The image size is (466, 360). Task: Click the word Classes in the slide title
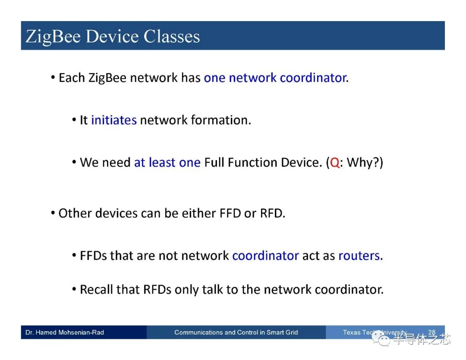172,36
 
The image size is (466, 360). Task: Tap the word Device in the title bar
113,36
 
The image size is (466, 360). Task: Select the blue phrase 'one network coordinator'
275,78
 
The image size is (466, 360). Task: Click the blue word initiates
114,120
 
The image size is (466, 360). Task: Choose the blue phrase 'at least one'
167,162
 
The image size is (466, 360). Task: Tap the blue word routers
359,256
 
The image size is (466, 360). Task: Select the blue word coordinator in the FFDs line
265,256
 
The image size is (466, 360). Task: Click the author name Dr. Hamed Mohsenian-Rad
65,332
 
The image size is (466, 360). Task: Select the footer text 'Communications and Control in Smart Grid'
236,332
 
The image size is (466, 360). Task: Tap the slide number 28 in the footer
431,332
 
